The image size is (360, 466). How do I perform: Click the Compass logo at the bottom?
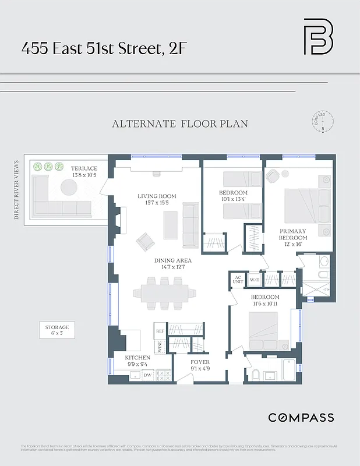(301, 418)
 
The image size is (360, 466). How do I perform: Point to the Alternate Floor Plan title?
(180, 124)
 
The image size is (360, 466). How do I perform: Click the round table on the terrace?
(69, 187)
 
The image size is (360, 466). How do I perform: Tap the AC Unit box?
(237, 280)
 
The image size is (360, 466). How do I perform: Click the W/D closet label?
(255, 280)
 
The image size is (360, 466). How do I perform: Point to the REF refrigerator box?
(160, 330)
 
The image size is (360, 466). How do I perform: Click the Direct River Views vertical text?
(16, 189)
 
